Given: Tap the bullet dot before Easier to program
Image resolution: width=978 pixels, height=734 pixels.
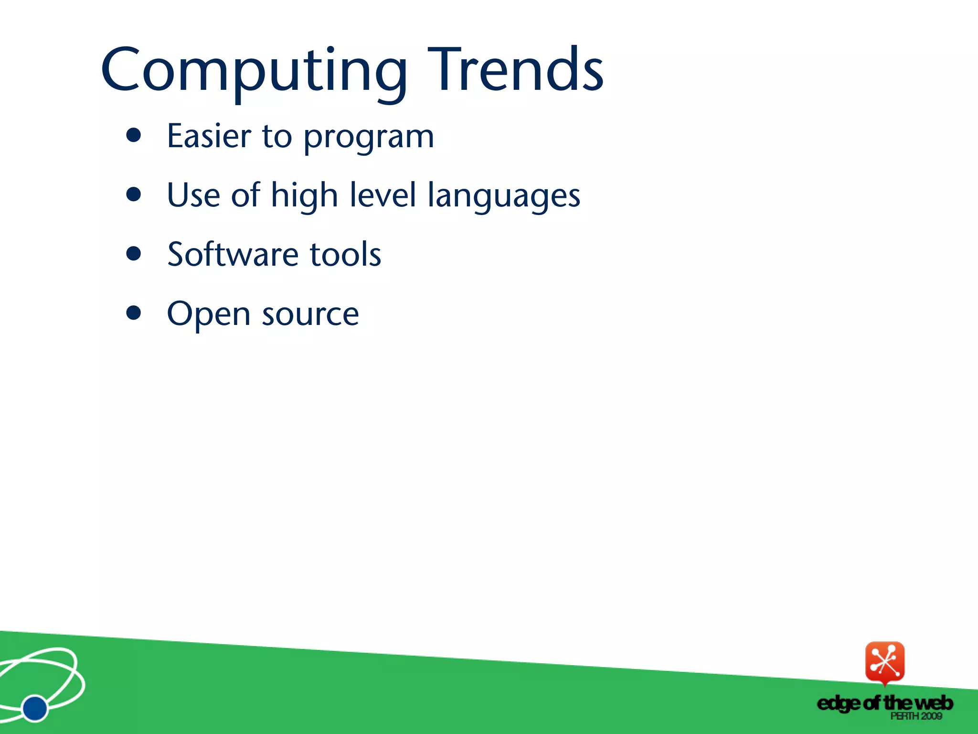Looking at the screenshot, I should [134, 135].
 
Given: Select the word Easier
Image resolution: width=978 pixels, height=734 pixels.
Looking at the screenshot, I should [209, 136].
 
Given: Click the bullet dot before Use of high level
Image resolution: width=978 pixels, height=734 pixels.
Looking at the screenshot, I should [134, 194].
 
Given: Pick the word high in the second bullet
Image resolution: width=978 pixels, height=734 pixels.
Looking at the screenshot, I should [304, 196].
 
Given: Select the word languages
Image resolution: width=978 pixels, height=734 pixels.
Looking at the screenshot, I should [503, 197].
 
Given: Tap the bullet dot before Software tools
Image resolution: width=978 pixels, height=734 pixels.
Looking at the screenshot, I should [134, 253].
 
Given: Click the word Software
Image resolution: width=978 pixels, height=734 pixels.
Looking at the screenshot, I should [233, 254].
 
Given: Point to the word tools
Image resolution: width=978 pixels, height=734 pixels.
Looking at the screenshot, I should [345, 254].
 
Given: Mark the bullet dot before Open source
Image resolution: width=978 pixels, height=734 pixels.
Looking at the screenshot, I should [134, 313].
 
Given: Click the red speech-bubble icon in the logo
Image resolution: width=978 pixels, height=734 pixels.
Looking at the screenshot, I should [884, 662].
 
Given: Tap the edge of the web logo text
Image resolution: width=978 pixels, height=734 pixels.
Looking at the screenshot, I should [884, 703].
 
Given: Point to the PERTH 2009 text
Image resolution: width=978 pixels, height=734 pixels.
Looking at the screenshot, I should [916, 716].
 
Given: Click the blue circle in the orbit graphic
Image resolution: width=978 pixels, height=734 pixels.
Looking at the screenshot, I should [35, 708].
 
